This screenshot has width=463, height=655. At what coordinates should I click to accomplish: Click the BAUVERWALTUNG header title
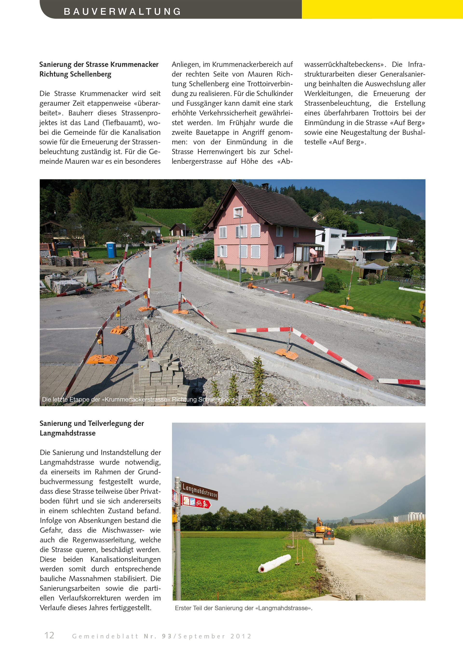pyautogui.click(x=122, y=11)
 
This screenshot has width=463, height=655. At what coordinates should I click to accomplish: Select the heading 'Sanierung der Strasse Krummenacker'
pyautogui.click(x=99, y=64)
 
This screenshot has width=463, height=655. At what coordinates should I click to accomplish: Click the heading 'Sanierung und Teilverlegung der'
pyautogui.click(x=92, y=423)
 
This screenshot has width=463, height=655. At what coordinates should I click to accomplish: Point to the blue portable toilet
pyautogui.click(x=111, y=250)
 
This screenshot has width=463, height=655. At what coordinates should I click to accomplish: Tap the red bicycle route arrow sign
pyautogui.click(x=196, y=503)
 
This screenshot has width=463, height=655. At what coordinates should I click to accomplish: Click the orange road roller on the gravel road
pyautogui.click(x=328, y=537)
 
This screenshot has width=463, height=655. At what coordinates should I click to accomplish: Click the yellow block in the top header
pyautogui.click(x=382, y=9)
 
